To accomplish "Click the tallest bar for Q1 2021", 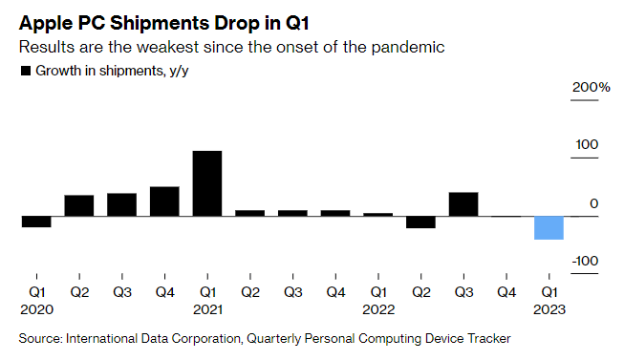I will click(x=207, y=183).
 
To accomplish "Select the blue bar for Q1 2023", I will click(x=549, y=228).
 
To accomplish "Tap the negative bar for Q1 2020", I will click(x=36, y=222).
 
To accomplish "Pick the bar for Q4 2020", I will click(x=164, y=201).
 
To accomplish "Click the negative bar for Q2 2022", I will click(x=420, y=222).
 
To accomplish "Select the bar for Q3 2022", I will click(x=463, y=204).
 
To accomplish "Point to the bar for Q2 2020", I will click(x=79, y=205).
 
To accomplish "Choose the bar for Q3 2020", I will click(x=121, y=204).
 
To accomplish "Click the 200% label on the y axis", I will click(x=591, y=88).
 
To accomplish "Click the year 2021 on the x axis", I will click(x=207, y=309).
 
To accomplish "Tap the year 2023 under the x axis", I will click(x=549, y=309).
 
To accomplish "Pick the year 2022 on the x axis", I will click(x=378, y=309).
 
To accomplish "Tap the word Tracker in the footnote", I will click(x=485, y=338).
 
